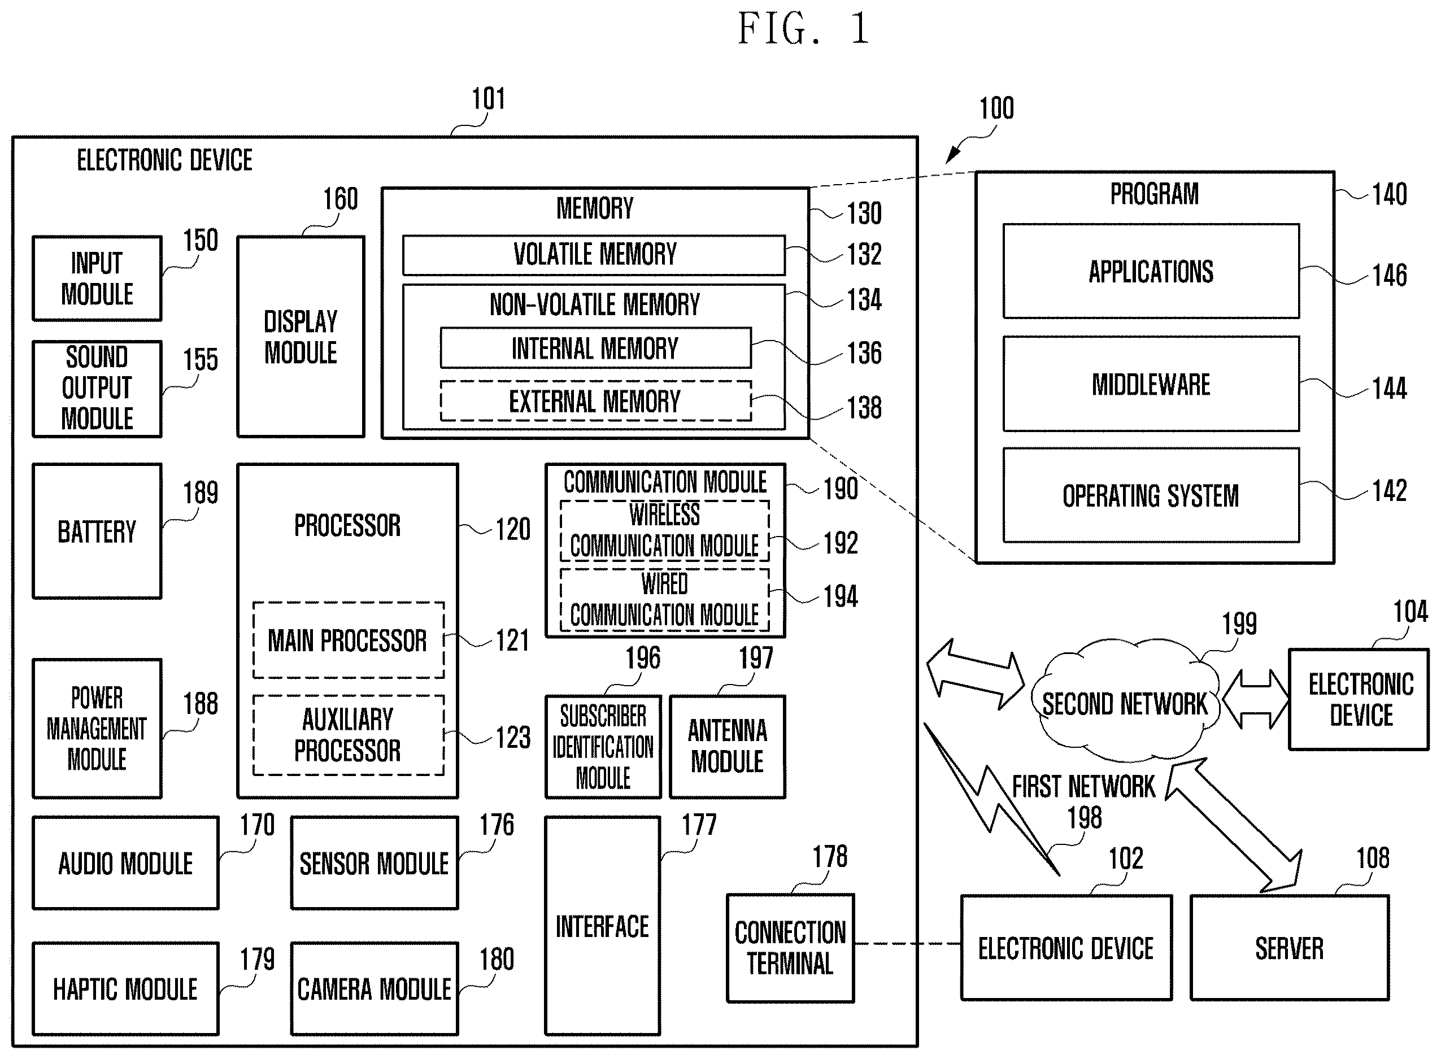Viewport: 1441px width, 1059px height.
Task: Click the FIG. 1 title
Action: click(x=803, y=29)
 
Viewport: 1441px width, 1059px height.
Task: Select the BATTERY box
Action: click(x=97, y=531)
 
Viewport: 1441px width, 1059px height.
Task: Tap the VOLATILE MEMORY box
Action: click(x=594, y=255)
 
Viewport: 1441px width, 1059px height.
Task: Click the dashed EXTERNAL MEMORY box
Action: click(x=595, y=402)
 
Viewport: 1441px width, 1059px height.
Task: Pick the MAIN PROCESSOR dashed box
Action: click(x=348, y=640)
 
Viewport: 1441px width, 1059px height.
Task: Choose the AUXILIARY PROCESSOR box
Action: click(x=348, y=735)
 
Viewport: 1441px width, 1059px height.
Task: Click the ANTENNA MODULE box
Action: click(x=727, y=746)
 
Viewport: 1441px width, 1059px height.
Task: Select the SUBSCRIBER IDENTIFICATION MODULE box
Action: click(x=603, y=746)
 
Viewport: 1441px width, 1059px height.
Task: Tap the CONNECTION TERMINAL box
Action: click(x=790, y=948)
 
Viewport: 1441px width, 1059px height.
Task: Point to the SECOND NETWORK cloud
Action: click(x=1125, y=702)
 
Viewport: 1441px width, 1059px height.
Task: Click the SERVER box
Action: click(x=1289, y=948)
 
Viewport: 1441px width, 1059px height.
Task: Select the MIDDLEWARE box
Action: click(x=1151, y=384)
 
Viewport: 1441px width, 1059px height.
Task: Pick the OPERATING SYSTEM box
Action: click(x=1151, y=495)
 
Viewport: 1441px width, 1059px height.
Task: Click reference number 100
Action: click(x=996, y=108)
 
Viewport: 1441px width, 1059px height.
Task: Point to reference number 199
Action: click(x=1238, y=624)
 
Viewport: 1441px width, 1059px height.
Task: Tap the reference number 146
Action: click(x=1389, y=276)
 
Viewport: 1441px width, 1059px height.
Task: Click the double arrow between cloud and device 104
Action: click(x=1255, y=699)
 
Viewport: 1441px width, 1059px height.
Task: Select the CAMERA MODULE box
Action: click(x=375, y=988)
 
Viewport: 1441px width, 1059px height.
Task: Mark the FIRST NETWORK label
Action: click(x=1083, y=787)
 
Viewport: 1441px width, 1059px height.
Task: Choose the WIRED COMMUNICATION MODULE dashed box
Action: click(x=665, y=599)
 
